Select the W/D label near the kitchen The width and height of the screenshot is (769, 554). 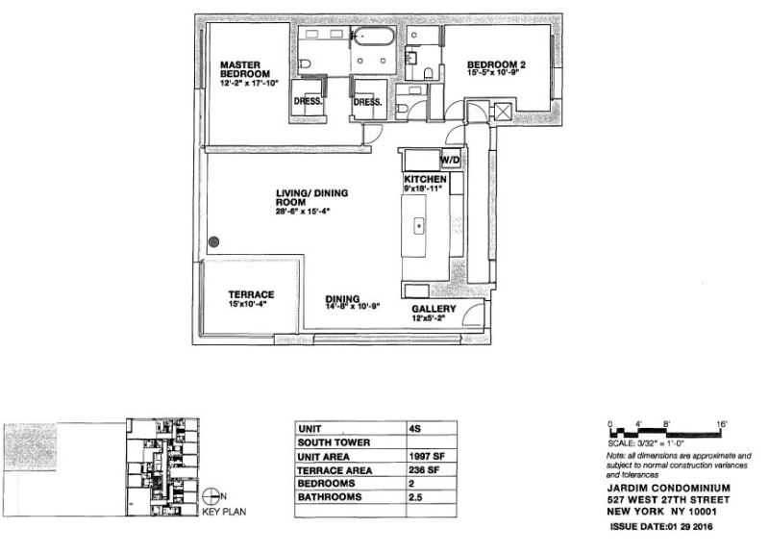(450, 160)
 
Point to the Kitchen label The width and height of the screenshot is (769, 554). (424, 180)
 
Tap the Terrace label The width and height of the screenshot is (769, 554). (252, 294)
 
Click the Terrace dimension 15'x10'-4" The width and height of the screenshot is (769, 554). (252, 304)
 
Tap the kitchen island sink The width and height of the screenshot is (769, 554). (421, 228)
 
